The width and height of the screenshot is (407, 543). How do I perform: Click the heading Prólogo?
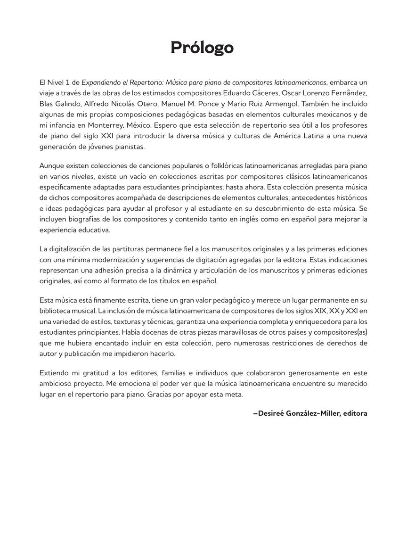pyautogui.click(x=202, y=48)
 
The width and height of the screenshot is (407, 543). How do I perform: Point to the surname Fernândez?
pyautogui.click(x=346, y=93)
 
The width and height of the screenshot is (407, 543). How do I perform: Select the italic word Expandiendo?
pyautogui.click(x=102, y=82)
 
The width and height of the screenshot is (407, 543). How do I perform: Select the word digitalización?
pyautogui.click(x=73, y=249)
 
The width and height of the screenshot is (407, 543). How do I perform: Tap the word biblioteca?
pyautogui.click(x=56, y=311)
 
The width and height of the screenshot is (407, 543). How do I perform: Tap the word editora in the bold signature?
pyautogui.click(x=355, y=413)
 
